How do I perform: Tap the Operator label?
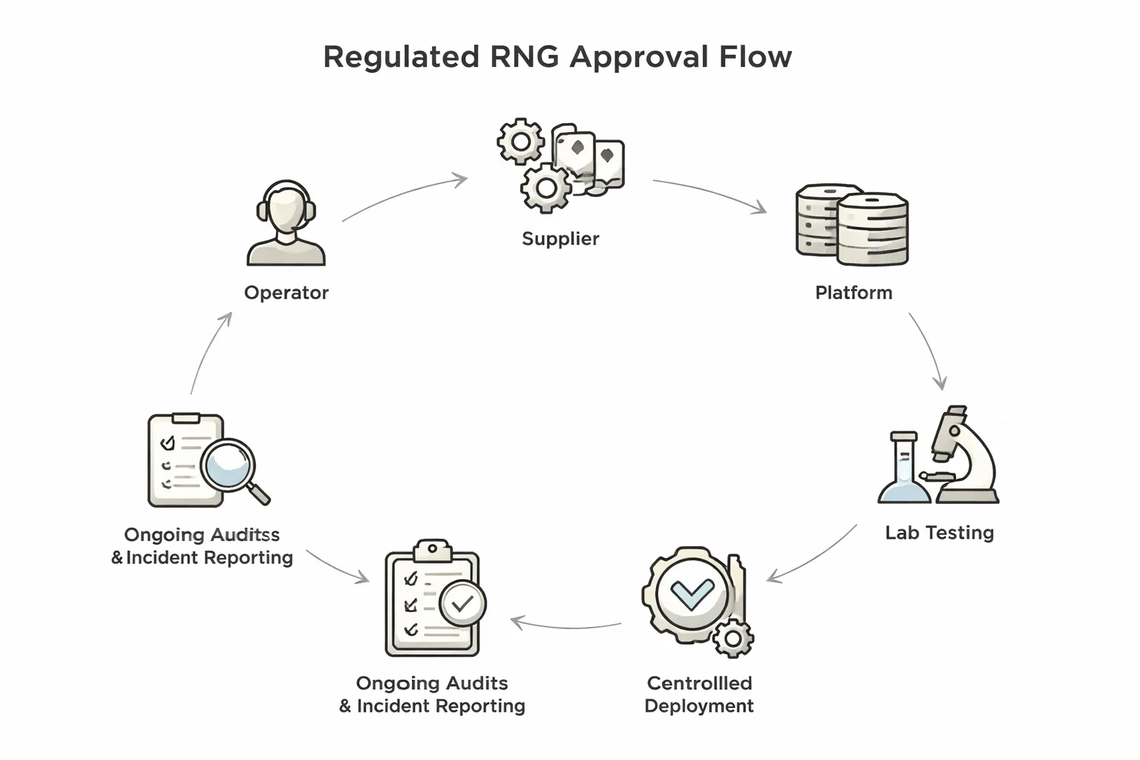[286, 292]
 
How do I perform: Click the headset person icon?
[286, 223]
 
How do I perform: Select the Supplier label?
[560, 238]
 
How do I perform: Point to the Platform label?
[854, 292]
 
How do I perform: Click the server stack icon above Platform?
[852, 224]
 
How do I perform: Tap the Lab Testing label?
[939, 532]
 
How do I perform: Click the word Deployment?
[698, 706]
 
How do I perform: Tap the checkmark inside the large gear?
[692, 592]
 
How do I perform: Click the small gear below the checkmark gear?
[733, 638]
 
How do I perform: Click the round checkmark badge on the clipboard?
[462, 603]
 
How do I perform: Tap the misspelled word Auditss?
[244, 534]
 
